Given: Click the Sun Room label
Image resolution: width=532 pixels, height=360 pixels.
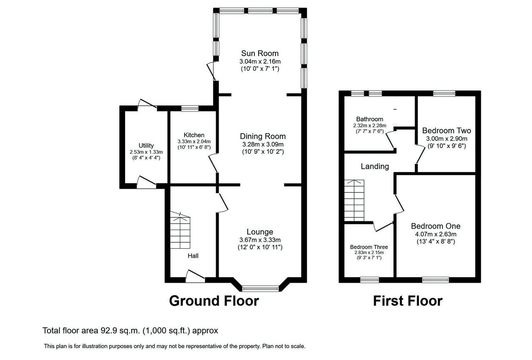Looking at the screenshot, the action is pyautogui.click(x=260, y=53).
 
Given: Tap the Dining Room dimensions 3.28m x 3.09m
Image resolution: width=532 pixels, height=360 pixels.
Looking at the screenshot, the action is pyautogui.click(x=263, y=144).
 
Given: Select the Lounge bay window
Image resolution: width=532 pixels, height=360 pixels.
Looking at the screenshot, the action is pyautogui.click(x=260, y=288).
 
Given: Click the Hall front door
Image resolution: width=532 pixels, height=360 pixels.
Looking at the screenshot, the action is pyautogui.click(x=195, y=276).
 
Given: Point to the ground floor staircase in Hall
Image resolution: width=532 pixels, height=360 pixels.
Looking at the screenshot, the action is pyautogui.click(x=180, y=230).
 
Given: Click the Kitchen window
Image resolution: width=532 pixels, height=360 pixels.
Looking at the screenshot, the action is pyautogui.click(x=190, y=108).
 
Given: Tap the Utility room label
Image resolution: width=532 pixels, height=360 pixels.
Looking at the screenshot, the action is pyautogui.click(x=146, y=145).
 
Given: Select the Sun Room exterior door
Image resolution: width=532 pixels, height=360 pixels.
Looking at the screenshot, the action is pyautogui.click(x=211, y=71).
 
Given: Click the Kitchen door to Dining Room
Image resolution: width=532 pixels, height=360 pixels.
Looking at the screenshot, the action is pyautogui.click(x=213, y=163).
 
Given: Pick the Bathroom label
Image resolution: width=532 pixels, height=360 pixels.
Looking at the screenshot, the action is pyautogui.click(x=369, y=119).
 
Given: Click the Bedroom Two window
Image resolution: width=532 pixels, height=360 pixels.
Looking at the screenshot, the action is pyautogui.click(x=444, y=93).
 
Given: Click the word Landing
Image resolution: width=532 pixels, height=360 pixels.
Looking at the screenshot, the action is pyautogui.click(x=375, y=166).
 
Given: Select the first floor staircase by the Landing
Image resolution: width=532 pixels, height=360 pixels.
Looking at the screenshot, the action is pyautogui.click(x=354, y=200).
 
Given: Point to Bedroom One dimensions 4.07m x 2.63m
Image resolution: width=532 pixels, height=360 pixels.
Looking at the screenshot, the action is pyautogui.click(x=436, y=234).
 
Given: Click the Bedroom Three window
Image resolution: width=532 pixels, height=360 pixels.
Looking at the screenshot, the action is pyautogui.click(x=369, y=280).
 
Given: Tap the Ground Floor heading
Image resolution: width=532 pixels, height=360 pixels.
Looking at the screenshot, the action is pyautogui.click(x=214, y=301).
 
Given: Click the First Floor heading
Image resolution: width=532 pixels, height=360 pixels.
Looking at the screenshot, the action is pyautogui.click(x=408, y=301).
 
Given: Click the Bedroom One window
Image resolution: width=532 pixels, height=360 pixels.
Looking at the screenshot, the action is pyautogui.click(x=436, y=280).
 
